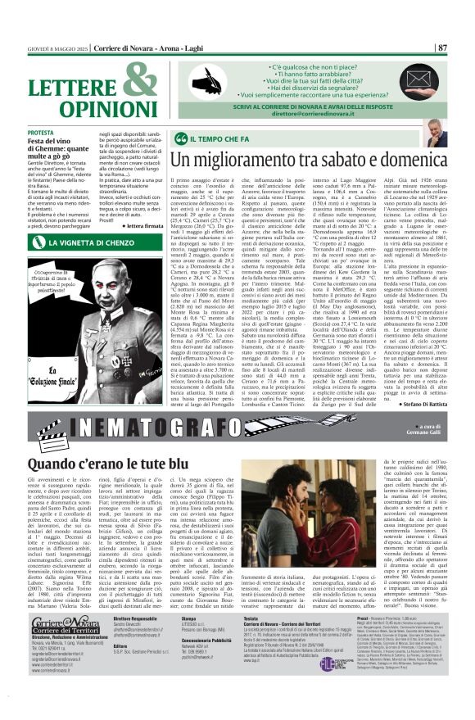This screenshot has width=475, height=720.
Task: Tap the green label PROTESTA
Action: pyautogui.click(x=63, y=132)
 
